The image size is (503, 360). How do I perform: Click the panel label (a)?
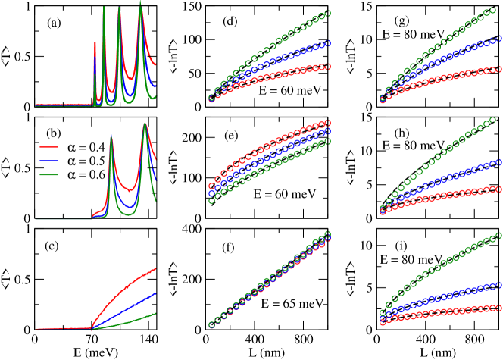[x=55, y=23]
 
